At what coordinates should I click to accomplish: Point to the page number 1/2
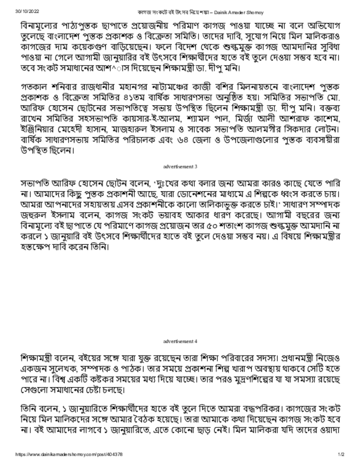(341, 454)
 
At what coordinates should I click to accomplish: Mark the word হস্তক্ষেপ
(36, 248)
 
